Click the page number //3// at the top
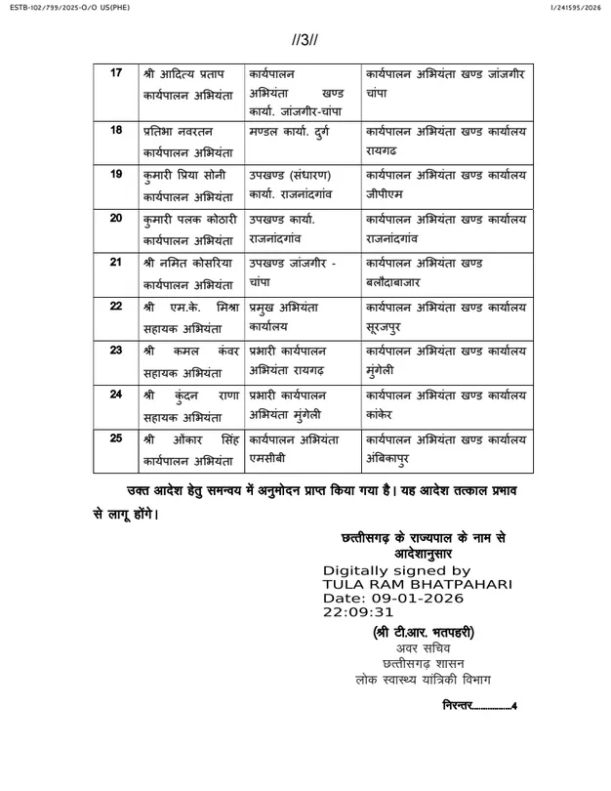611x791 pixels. pos(305,42)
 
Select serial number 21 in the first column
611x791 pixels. pos(117,264)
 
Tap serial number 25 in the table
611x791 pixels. pos(117,437)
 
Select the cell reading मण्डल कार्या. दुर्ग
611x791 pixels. pos(294,130)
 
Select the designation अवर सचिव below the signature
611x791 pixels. pos(423,648)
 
